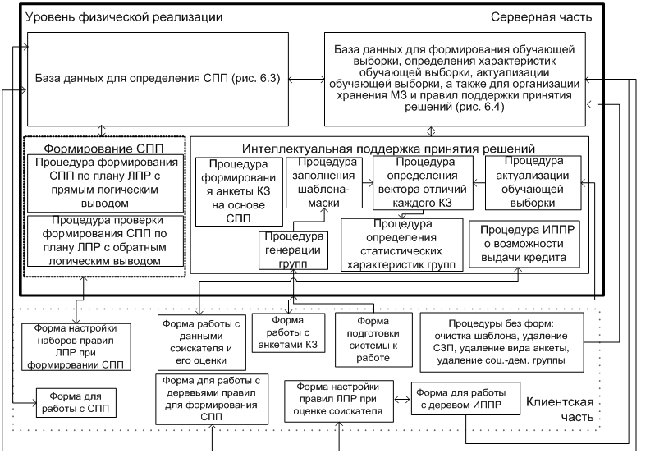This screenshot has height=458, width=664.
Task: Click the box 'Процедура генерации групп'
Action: coord(294,250)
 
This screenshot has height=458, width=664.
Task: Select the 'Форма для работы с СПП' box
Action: coord(76,402)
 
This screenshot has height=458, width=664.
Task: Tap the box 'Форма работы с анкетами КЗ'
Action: coord(288,332)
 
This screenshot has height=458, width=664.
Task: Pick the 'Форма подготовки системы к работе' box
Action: coord(373,340)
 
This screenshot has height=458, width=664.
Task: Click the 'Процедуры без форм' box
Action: coord(501,342)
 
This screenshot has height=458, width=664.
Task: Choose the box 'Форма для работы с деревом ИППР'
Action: coord(465,398)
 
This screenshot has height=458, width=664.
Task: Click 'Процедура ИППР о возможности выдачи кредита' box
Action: coord(524,244)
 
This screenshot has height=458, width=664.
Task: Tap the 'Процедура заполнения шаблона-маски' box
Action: coord(324,182)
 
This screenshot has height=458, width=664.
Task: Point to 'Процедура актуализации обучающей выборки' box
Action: coord(533,182)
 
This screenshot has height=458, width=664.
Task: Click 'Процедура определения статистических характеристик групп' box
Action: coord(402,245)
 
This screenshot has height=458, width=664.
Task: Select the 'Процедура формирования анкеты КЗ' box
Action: coord(239,192)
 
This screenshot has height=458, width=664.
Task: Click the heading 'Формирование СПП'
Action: coord(103,149)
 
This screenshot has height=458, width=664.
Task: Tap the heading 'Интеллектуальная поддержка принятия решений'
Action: coord(389,149)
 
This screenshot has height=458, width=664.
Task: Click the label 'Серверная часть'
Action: coord(541,17)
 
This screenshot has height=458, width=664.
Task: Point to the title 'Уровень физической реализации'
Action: coord(124,17)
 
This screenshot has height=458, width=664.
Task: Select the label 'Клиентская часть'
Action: coord(560,410)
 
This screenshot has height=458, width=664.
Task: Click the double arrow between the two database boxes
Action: coord(307,79)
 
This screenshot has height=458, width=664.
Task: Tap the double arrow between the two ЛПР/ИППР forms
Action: coord(402,399)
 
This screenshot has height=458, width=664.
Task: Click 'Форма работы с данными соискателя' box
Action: coord(202,342)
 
